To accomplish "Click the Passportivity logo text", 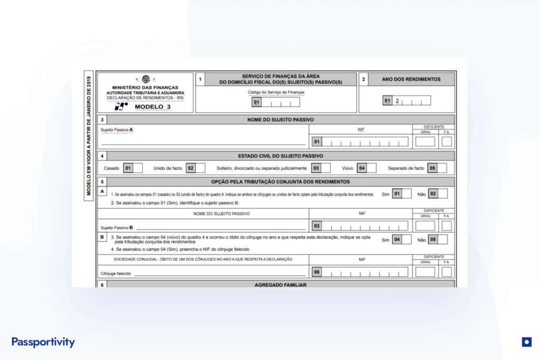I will click(43, 342).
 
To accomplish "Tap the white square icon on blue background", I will click(526, 342).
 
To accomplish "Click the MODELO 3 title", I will click(149, 106).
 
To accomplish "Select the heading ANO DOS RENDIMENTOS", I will click(411, 79).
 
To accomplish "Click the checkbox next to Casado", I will click(138, 168).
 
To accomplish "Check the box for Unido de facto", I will click(200, 168).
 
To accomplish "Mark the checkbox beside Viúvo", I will click(371, 168).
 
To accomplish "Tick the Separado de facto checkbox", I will click(442, 168).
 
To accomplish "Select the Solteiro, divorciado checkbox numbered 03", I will click(326, 168).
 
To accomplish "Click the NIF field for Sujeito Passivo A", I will click(365, 141).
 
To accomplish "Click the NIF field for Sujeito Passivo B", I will click(365, 226).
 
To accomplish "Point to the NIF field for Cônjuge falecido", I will click(365, 272).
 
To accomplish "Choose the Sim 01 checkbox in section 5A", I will click(407, 193).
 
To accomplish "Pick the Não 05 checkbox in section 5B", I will click(442, 239).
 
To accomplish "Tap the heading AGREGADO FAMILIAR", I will click(280, 285).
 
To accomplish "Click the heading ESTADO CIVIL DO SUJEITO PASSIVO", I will click(280, 155).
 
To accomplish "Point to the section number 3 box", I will click(102, 120).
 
